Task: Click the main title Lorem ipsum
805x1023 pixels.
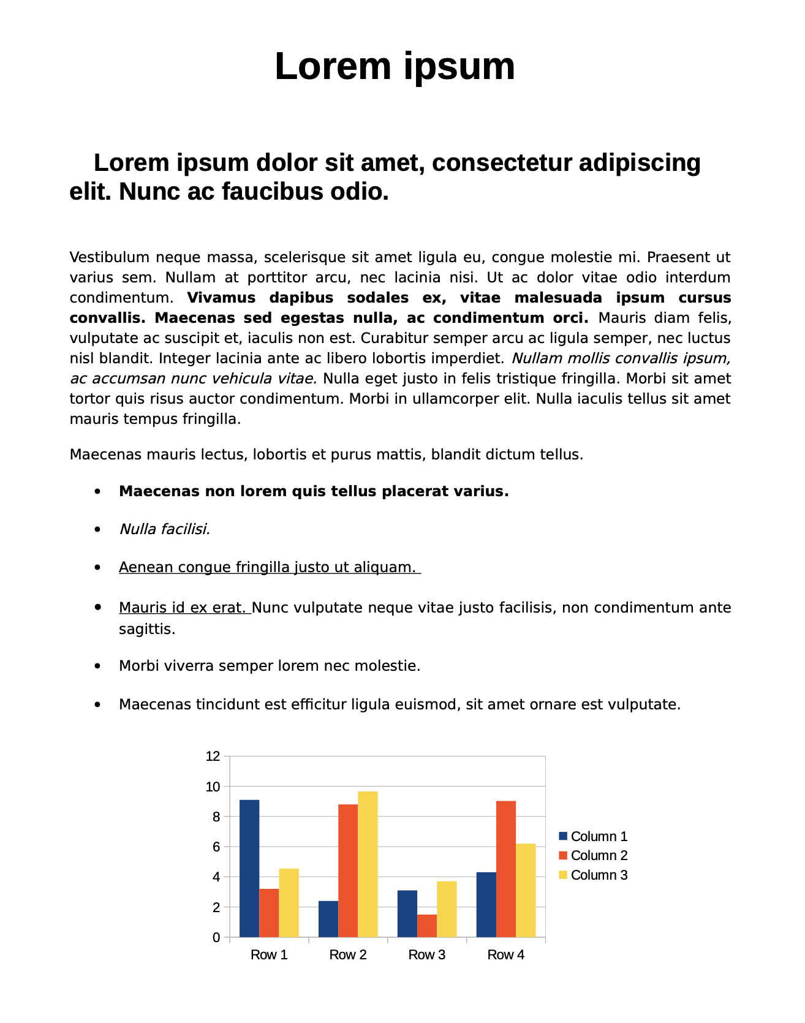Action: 395,66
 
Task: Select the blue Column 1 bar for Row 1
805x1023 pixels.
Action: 249,868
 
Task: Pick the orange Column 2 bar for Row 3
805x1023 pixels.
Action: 427,926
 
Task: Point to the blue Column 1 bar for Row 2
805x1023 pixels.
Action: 328,918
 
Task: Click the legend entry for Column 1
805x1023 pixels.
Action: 593,836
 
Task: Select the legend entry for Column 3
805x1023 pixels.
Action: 593,875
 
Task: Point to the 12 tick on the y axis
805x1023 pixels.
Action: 213,757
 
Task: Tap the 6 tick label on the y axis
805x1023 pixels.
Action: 216,847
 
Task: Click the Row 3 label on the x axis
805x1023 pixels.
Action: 427,954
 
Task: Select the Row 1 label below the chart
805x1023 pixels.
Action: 269,954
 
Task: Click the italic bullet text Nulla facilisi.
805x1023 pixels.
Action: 165,529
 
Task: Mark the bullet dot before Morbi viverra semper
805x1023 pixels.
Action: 97,666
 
